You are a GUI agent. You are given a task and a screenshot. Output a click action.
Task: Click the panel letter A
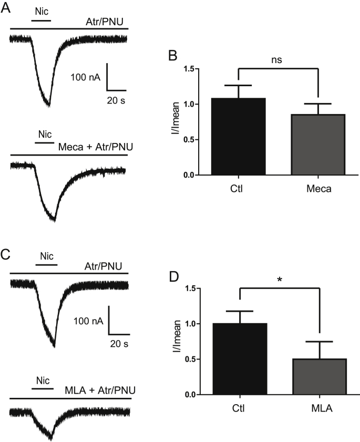tap(6, 7)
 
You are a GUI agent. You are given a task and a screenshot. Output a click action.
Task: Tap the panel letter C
tap(6, 255)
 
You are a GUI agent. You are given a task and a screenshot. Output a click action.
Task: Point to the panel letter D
tap(179, 275)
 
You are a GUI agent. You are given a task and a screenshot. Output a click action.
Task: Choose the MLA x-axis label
tap(320, 407)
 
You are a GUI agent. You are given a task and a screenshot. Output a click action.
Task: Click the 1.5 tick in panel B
tap(195, 69)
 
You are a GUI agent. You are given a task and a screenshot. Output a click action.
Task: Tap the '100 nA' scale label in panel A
tap(86, 77)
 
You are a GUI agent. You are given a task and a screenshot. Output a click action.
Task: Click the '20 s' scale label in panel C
tap(119, 343)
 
